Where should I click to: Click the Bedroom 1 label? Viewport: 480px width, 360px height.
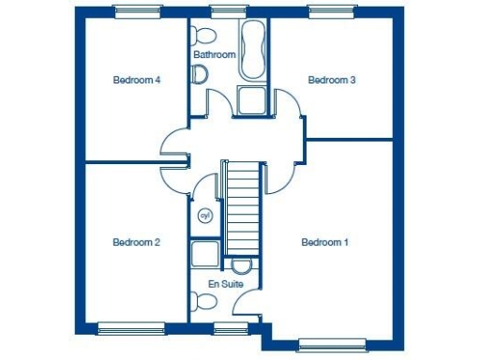tap(324, 243)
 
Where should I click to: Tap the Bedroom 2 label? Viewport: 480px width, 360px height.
tap(136, 243)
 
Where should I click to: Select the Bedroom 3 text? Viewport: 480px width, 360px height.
tap(332, 81)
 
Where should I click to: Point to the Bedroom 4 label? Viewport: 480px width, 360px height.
tap(137, 81)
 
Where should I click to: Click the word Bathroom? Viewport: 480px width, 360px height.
tap(214, 55)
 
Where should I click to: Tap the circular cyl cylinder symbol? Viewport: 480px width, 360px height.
tap(205, 217)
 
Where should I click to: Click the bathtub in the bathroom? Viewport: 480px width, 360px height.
tap(253, 52)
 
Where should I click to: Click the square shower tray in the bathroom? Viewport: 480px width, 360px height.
tap(251, 100)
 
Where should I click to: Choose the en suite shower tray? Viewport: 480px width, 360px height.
tap(204, 254)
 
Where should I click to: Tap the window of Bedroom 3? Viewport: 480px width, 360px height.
tap(334, 12)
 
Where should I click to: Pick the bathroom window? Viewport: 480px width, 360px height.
tap(224, 12)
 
